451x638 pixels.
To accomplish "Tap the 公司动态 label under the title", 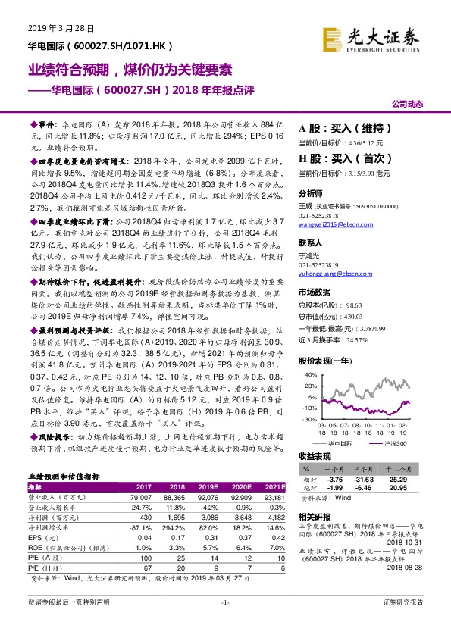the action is coord(409,103).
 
